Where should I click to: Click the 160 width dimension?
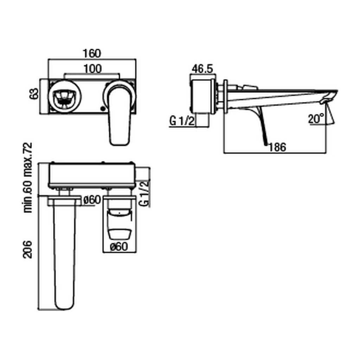[92, 54]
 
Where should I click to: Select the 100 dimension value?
[92, 69]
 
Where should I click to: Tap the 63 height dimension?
[33, 95]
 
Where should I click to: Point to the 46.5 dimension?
[202, 69]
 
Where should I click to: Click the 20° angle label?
[316, 119]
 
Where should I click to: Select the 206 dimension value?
[28, 249]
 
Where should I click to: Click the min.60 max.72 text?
[28, 178]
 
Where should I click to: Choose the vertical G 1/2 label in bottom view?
[144, 193]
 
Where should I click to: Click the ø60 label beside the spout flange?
[92, 200]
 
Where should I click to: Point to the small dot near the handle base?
[102, 109]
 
